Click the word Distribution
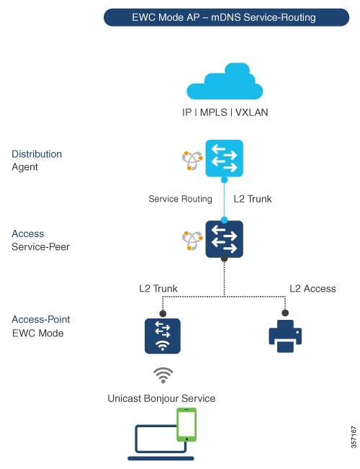click(x=37, y=154)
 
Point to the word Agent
click(x=26, y=167)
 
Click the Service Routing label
click(x=180, y=199)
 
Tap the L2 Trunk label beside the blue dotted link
click(x=253, y=199)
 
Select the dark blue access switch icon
click(x=225, y=238)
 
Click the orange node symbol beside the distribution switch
click(x=192, y=161)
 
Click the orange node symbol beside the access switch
click(x=192, y=240)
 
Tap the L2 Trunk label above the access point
click(x=158, y=289)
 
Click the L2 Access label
click(x=312, y=289)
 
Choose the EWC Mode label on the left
click(x=37, y=333)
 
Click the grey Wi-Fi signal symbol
click(x=164, y=375)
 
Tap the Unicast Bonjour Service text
click(x=161, y=398)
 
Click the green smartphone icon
click(x=187, y=425)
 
